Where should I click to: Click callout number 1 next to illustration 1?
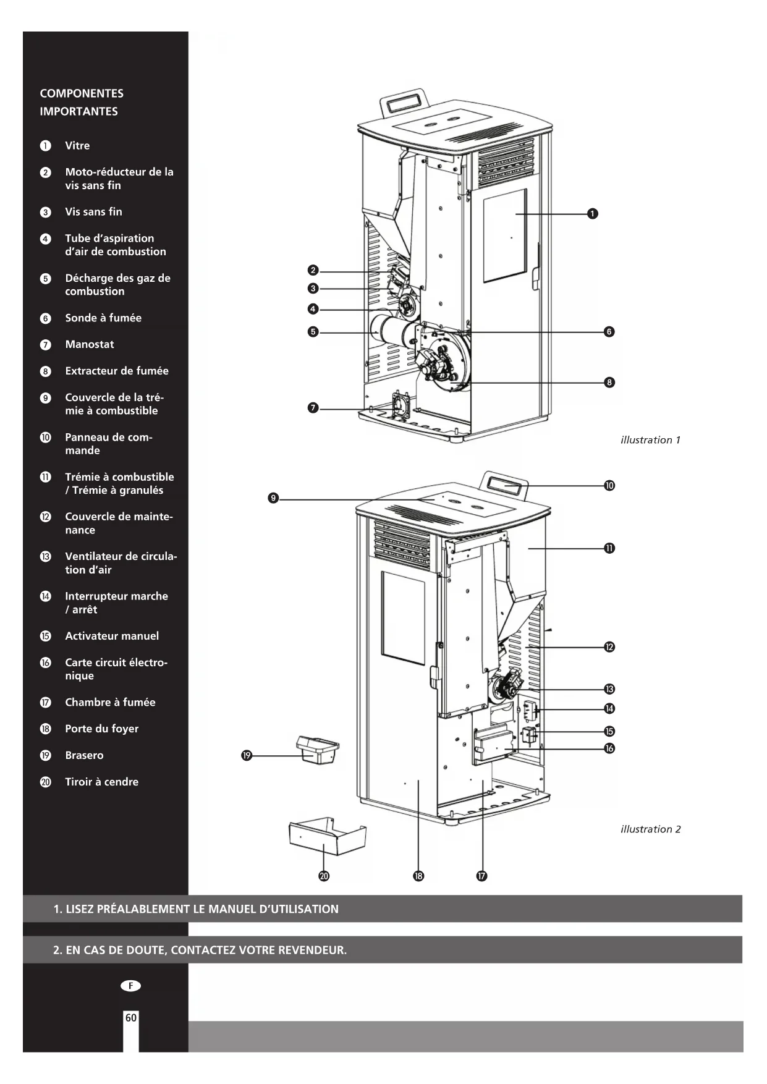(592, 214)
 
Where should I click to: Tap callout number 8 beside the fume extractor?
(609, 383)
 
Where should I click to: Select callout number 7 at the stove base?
(313, 408)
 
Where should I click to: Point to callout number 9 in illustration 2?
(273, 498)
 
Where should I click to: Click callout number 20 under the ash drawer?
(324, 876)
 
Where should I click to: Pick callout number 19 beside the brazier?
(247, 755)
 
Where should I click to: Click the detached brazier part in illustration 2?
(318, 749)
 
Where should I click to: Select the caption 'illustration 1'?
(650, 440)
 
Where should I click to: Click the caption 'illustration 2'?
(650, 829)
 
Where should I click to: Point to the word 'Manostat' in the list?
(90, 344)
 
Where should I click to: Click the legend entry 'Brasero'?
(84, 755)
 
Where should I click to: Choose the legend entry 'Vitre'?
(77, 146)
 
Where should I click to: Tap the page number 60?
(131, 1018)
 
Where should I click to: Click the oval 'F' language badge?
(130, 986)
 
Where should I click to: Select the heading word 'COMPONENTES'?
(82, 93)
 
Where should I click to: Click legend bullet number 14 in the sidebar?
(46, 596)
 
